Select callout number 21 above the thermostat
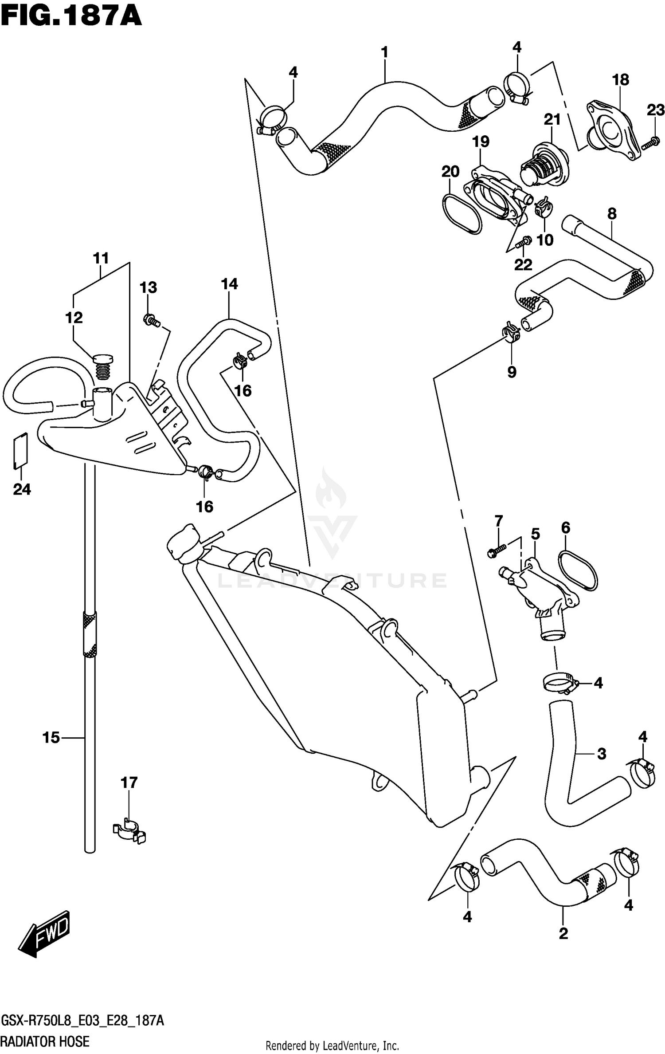point(552,119)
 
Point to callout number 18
point(620,80)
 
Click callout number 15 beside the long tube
point(51,738)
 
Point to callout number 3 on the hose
point(601,754)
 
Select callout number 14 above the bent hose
point(229,284)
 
